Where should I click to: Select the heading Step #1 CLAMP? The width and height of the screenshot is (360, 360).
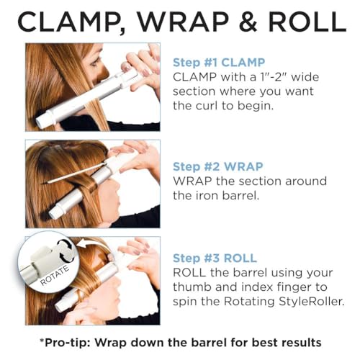pyautogui.click(x=219, y=63)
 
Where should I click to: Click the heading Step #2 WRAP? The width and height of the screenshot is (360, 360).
pyautogui.click(x=218, y=166)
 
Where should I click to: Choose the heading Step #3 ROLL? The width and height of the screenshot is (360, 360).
pyautogui.click(x=215, y=258)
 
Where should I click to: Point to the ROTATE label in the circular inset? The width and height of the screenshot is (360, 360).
pyautogui.click(x=54, y=276)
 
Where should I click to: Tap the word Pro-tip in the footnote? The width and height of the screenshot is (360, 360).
pyautogui.click(x=66, y=343)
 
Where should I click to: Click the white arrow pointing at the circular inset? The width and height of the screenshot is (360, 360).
pyautogui.click(x=89, y=245)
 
